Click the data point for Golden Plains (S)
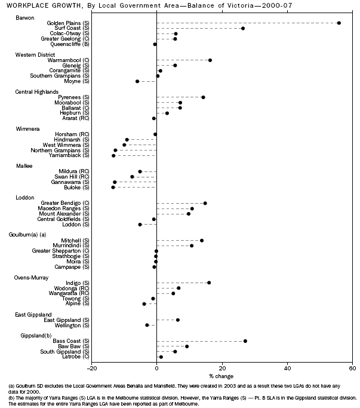(x=339, y=23)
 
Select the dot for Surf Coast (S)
(x=243, y=28)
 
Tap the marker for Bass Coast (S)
(x=245, y=341)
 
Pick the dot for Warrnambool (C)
(x=210, y=60)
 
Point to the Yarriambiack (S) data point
(x=113, y=155)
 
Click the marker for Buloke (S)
(x=113, y=188)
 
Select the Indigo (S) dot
(x=209, y=283)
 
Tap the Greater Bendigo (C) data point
(x=205, y=203)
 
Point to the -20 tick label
(x=91, y=369)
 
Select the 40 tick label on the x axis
(x=287, y=369)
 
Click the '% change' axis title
(x=221, y=376)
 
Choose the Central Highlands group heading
(x=36, y=91)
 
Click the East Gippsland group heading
(x=33, y=314)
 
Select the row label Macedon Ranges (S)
(x=64, y=208)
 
